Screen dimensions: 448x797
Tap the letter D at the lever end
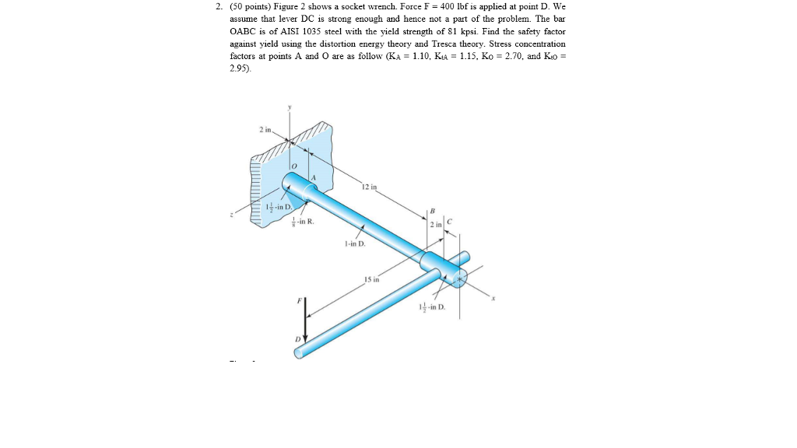[x=297, y=339]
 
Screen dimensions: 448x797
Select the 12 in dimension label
[x=368, y=187]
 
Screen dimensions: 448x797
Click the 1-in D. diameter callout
[x=353, y=244]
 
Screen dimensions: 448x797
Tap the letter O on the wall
[x=296, y=167]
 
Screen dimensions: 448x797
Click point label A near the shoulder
[x=314, y=179]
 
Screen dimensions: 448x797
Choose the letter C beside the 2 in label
[x=450, y=223]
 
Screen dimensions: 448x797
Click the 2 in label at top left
[x=265, y=129]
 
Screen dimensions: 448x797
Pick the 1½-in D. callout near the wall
[x=278, y=207]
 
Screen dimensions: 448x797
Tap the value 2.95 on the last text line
[x=239, y=68]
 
